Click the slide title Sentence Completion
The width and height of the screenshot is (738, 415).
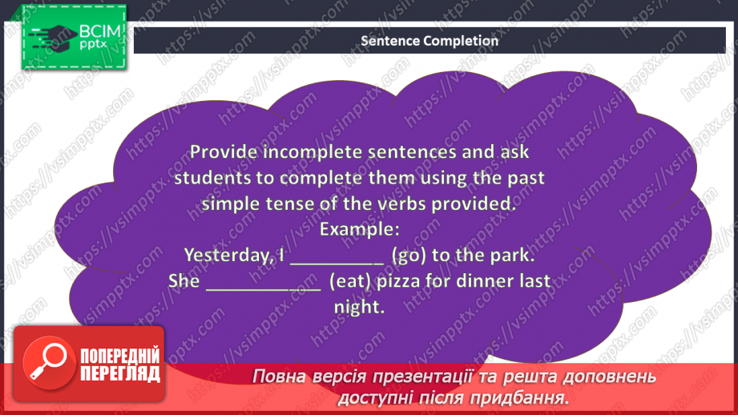[429, 41]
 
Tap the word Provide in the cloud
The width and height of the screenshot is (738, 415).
[224, 152]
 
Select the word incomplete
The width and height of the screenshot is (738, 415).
[313, 152]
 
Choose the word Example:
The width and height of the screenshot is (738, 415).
[360, 230]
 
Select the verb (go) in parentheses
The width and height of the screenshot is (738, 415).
[409, 256]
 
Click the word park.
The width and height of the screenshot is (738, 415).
[513, 256]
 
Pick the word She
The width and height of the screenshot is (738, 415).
[184, 281]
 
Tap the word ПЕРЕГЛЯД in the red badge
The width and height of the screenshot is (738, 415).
[120, 374]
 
